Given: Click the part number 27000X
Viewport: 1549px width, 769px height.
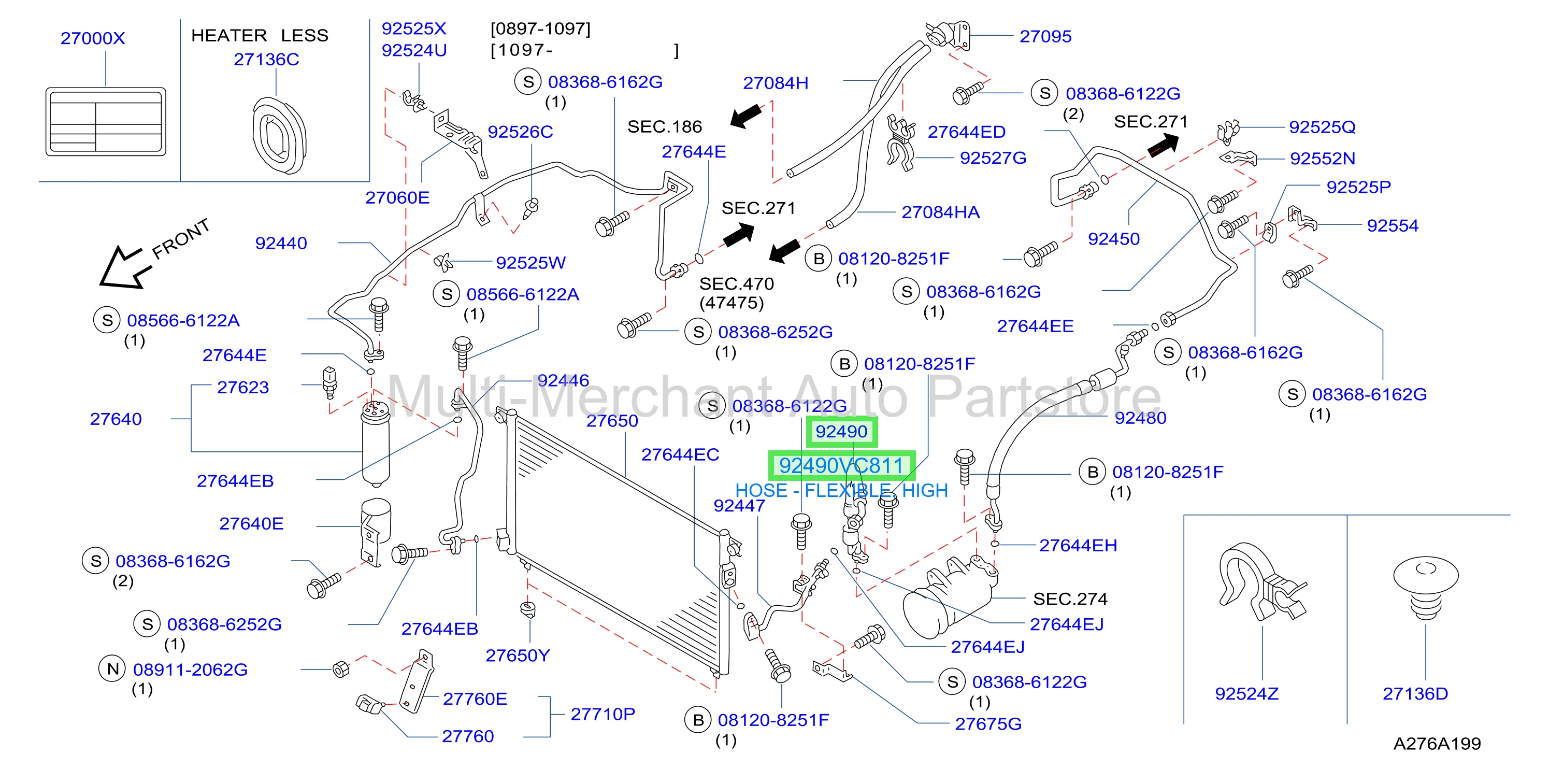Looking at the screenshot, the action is pos(93,38).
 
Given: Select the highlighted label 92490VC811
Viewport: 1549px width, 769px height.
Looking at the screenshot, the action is pos(841,465).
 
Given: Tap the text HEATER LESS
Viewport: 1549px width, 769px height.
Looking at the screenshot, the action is pos(260,35).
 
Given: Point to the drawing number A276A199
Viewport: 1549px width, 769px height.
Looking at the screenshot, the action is pos(1437,744).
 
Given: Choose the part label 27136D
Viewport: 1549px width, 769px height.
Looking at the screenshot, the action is pos(1415,694).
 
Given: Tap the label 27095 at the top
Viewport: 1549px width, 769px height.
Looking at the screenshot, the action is pos(1045,36).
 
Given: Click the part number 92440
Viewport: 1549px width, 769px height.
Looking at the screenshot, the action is pos(281,243).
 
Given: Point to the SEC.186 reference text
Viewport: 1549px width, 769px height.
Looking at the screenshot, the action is pos(665,126).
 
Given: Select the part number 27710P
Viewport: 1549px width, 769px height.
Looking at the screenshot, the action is pos(603,714).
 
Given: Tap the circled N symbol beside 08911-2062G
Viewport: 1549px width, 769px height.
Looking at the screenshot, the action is pos(112,668).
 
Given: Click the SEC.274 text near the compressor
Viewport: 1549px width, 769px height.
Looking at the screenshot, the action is pos(1070,599).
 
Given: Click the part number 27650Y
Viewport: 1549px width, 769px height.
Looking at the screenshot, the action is pos(518,656).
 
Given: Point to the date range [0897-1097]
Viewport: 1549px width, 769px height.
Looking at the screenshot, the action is pos(540,29).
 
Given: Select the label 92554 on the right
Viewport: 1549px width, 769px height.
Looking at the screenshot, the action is pos(1392,225).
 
